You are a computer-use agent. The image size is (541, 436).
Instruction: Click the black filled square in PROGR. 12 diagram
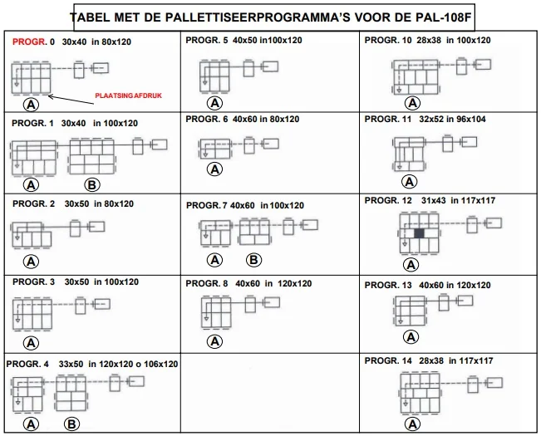point(419,235)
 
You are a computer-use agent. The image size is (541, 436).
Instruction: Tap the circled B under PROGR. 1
point(91,184)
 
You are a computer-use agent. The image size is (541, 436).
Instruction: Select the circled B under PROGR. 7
point(254,260)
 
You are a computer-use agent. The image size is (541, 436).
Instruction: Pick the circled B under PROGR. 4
point(71,424)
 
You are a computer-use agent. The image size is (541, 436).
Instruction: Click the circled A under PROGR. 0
point(32,105)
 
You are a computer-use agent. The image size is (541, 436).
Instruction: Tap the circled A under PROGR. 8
point(214,340)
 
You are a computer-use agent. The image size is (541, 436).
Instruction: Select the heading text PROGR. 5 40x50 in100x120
point(243,41)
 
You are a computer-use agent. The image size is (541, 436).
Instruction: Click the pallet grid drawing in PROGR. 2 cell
point(27,236)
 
